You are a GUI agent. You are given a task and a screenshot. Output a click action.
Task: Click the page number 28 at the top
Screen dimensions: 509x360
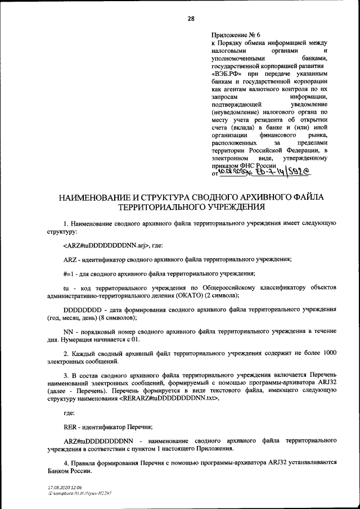(191, 19)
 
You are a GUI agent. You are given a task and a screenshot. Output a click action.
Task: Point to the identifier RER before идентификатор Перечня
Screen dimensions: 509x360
(70, 426)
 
